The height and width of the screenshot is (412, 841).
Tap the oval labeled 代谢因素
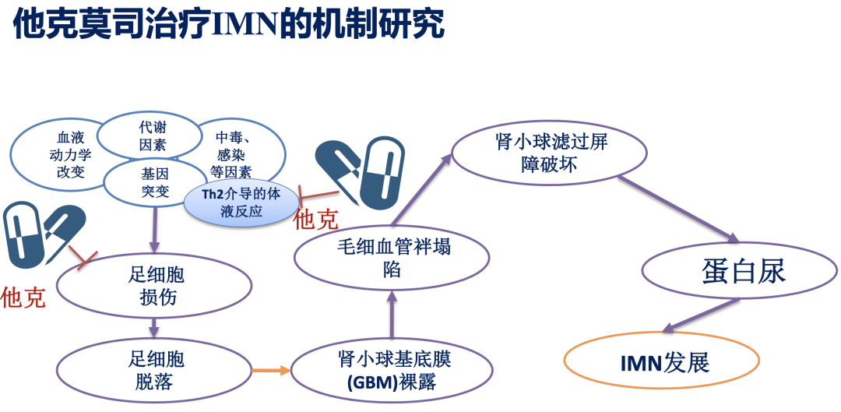tap(153, 135)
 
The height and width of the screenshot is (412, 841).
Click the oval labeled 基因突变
tap(155, 183)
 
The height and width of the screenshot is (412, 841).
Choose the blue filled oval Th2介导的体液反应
tap(241, 202)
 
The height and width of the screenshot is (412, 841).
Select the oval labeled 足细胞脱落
tap(154, 369)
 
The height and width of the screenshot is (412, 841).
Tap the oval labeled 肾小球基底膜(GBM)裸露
tap(394, 370)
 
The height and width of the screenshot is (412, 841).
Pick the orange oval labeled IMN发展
tap(660, 363)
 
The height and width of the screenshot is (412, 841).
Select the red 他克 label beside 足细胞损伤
tap(23, 297)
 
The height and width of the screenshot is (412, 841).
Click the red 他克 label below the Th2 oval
tap(316, 220)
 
